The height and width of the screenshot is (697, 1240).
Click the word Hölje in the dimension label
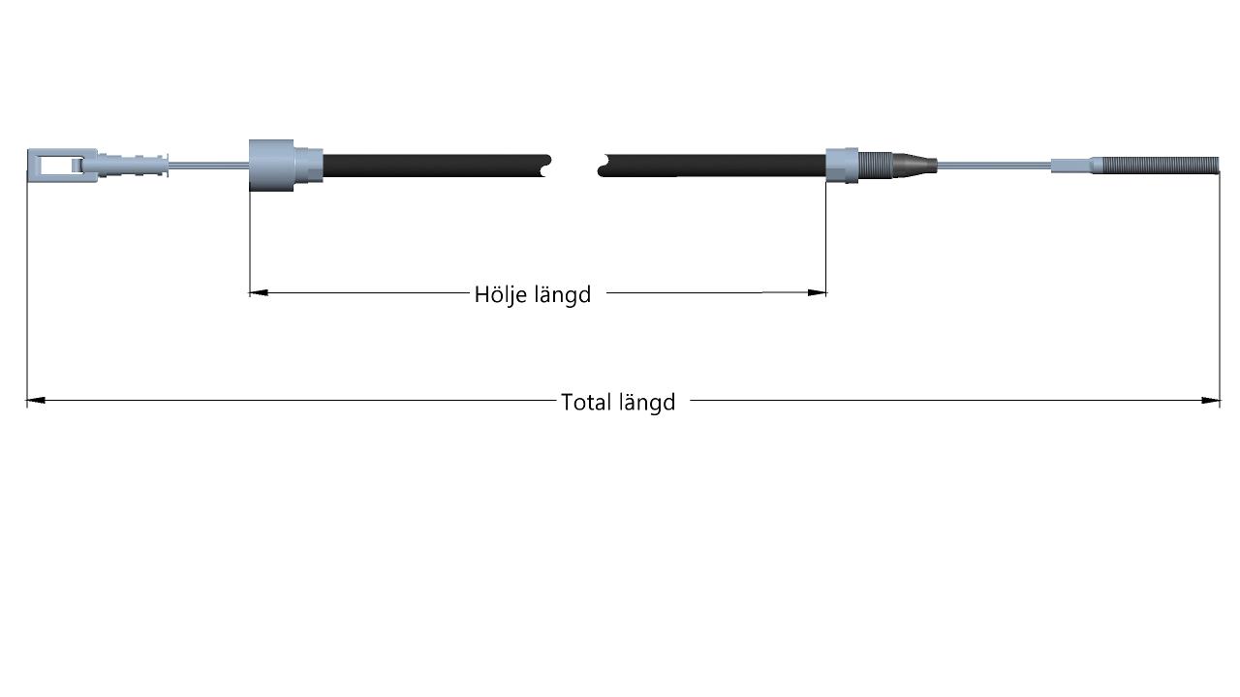tap(501, 294)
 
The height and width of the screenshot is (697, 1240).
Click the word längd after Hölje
tap(563, 294)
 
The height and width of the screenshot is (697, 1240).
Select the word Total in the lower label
tap(586, 402)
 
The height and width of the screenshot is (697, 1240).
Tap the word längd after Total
tap(647, 402)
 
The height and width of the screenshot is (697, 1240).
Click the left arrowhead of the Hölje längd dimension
tap(259, 292)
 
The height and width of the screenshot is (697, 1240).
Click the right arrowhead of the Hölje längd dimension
tap(817, 292)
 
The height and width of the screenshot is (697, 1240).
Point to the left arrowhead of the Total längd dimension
tap(36, 400)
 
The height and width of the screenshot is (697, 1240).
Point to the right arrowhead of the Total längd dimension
tap(1211, 400)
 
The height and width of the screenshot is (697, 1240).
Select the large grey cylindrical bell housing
tap(271, 166)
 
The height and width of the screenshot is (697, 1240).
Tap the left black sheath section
tap(436, 166)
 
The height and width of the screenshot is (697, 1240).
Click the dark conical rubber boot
tap(914, 166)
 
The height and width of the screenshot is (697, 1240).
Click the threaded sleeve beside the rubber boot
tap(875, 166)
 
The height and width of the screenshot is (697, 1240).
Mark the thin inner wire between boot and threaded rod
tap(994, 165)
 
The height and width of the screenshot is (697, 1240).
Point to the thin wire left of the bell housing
tap(208, 165)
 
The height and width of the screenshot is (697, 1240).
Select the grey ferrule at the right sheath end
tap(842, 166)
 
